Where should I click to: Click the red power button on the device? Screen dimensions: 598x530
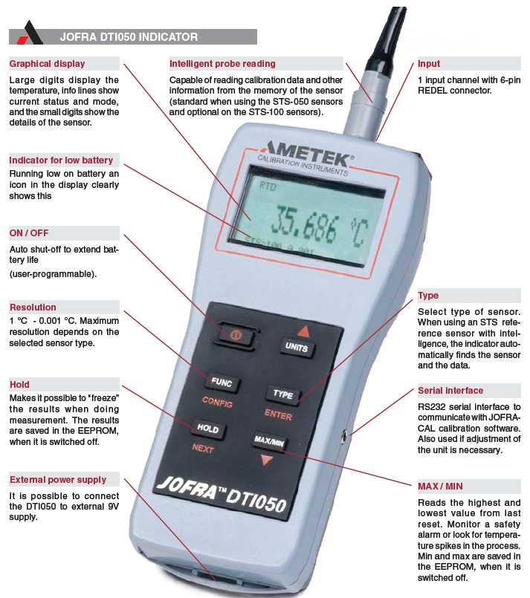point(233,335)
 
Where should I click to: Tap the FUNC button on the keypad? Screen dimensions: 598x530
point(222,383)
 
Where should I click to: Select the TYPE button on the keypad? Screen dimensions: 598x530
point(283,394)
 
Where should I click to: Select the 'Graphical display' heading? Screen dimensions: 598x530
point(47,64)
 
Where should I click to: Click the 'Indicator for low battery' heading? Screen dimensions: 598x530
point(61,160)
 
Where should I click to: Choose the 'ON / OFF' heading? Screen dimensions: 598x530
point(29,233)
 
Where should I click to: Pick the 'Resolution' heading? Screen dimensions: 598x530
point(33,307)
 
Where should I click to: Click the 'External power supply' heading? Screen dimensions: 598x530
point(58,480)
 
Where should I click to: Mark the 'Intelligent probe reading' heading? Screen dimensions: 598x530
point(222,64)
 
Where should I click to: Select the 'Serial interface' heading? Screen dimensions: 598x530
point(450,390)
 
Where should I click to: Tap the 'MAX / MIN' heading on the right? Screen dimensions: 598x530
point(440,486)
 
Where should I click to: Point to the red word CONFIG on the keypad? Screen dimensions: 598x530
point(218,403)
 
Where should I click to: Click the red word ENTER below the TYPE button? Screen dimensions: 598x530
point(278,417)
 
